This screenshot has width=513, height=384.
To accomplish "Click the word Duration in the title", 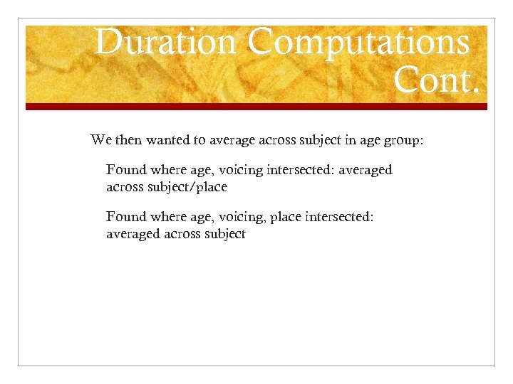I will (x=165, y=42).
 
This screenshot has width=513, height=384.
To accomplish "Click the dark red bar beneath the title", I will (x=256, y=107).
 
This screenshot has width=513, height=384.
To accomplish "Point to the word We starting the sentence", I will (x=100, y=140).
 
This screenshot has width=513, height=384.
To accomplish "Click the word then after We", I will (x=128, y=140).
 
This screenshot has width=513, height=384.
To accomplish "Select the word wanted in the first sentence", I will (x=167, y=140).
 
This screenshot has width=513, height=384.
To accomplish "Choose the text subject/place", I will (x=187, y=187).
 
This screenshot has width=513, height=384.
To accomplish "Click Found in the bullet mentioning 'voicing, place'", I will (x=125, y=216).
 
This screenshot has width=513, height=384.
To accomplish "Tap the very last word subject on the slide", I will (x=223, y=234).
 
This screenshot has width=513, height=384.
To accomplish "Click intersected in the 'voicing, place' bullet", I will (x=339, y=216).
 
